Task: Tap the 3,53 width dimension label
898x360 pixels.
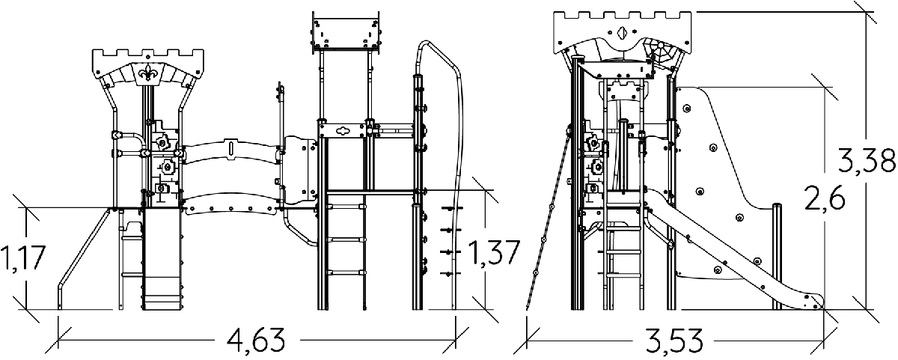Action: click(674, 341)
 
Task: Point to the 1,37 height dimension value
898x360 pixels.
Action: click(494, 253)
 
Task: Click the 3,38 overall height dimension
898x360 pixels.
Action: click(867, 161)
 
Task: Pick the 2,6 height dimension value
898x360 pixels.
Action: click(825, 198)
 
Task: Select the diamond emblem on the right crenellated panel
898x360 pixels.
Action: click(622, 32)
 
